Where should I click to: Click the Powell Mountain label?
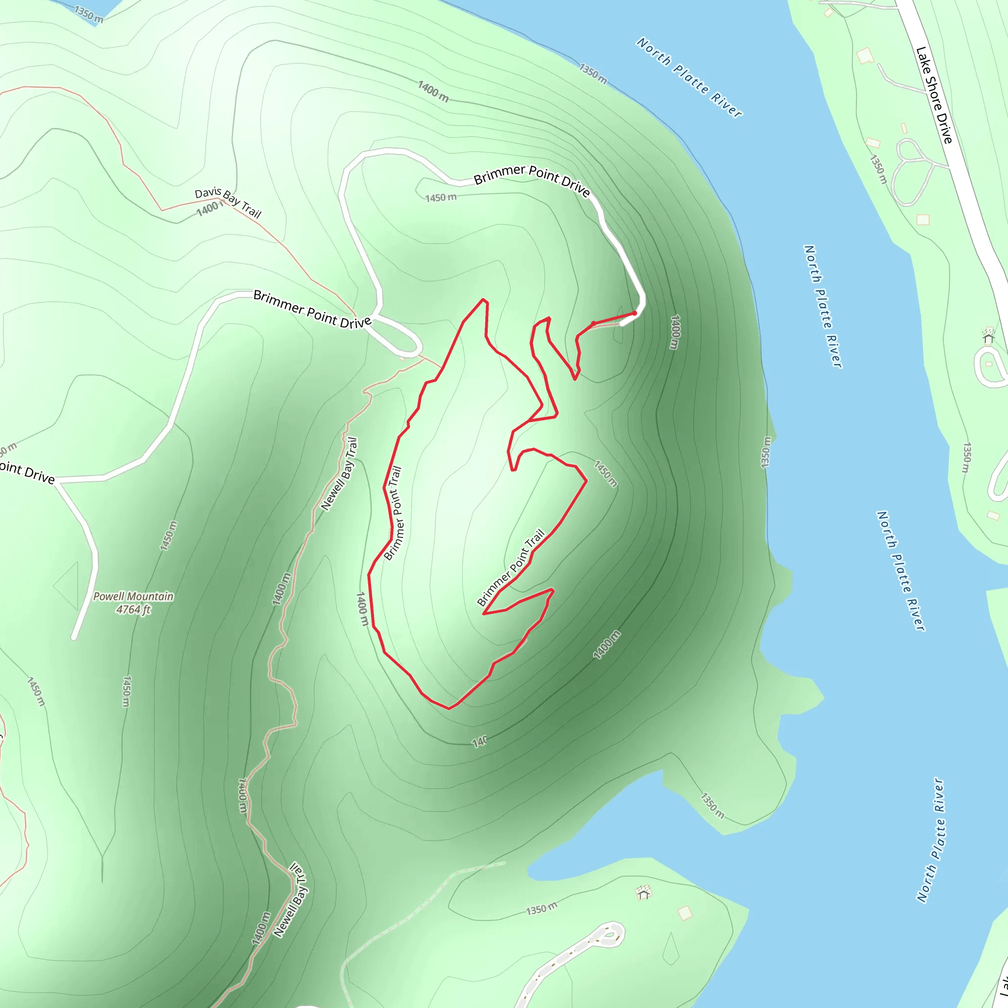(133, 597)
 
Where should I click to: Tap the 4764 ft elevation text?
(133, 609)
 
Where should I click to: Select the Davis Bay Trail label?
(228, 202)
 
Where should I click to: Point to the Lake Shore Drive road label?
(934, 95)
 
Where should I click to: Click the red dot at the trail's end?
(634, 313)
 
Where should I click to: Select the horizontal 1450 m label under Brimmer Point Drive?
(441, 198)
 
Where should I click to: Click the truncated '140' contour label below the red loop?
(479, 741)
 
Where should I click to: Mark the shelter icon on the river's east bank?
(989, 337)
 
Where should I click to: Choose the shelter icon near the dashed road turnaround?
(644, 893)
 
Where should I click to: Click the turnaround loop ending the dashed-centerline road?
(608, 935)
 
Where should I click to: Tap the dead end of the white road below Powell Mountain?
(75, 636)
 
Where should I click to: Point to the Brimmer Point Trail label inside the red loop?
(511, 568)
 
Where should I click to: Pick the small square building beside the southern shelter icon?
(685, 913)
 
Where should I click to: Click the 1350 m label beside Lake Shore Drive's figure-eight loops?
(878, 169)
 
